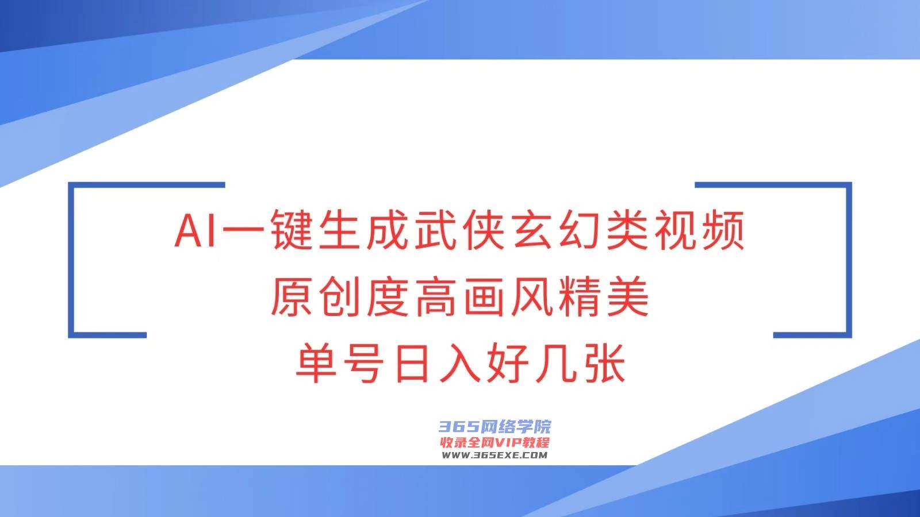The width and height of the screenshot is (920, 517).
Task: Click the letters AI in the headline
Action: pyautogui.click(x=195, y=230)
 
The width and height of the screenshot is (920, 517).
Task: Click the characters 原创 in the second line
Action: pyautogui.click(x=316, y=296)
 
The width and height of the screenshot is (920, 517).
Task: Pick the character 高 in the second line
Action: pyautogui.click(x=436, y=296)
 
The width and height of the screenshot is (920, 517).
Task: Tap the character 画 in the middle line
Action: pyautogui.click(x=484, y=296)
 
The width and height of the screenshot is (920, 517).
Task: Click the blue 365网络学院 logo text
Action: pyautogui.click(x=495, y=427)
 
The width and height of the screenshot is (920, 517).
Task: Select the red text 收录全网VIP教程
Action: pyautogui.click(x=495, y=443)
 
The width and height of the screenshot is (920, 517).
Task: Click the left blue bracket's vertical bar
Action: pyautogui.click(x=71, y=260)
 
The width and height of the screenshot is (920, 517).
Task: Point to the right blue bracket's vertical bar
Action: pyautogui.click(x=849, y=260)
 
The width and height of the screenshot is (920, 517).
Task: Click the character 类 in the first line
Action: pyautogui.click(x=628, y=230)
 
